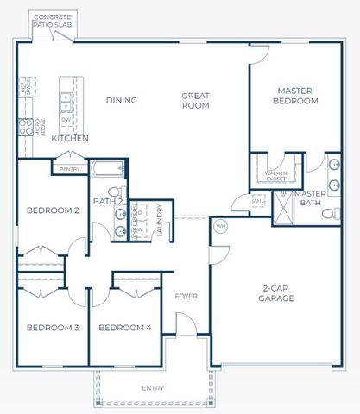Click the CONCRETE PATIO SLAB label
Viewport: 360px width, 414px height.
(x=53, y=21)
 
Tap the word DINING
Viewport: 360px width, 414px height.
(x=121, y=100)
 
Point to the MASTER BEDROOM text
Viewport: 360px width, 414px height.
(x=297, y=95)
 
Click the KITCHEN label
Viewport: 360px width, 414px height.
(x=70, y=138)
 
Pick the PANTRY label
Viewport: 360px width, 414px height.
(x=70, y=169)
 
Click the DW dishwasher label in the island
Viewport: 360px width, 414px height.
(x=66, y=119)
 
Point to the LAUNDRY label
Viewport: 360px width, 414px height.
(x=161, y=220)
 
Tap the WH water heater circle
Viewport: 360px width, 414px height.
(x=220, y=226)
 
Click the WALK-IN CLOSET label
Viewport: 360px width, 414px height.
(x=276, y=175)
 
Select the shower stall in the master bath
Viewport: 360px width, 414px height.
(x=284, y=208)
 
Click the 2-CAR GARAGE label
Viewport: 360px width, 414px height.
(x=278, y=293)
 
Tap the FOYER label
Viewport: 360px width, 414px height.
(x=186, y=296)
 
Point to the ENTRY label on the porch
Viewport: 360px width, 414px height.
(x=153, y=388)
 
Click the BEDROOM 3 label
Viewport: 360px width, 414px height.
(x=53, y=328)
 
